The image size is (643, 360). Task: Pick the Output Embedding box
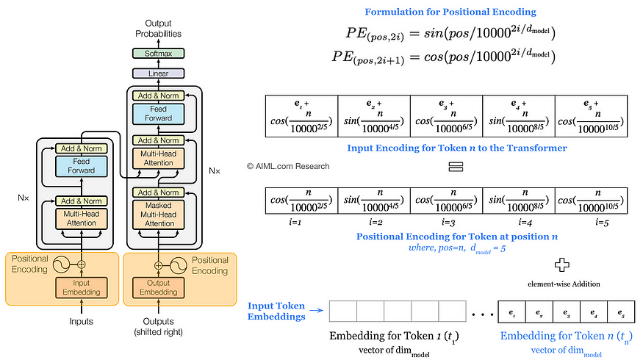pyautogui.click(x=159, y=287)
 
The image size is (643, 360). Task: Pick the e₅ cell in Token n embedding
pyautogui.click(x=622, y=312)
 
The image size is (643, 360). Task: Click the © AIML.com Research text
pyautogui.click(x=288, y=166)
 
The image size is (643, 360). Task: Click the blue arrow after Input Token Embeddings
pyautogui.click(x=317, y=312)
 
